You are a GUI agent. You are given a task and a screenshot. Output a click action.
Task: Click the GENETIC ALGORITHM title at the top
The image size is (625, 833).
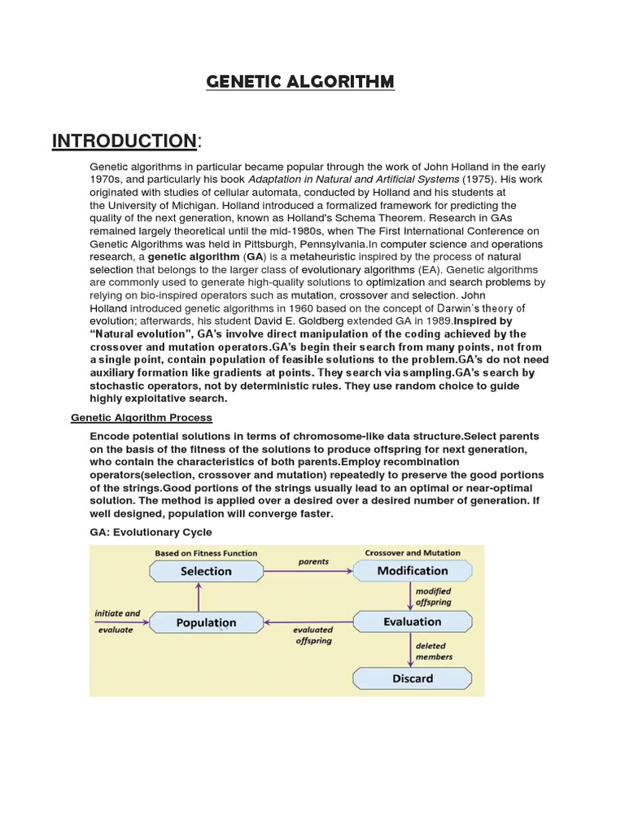(x=300, y=82)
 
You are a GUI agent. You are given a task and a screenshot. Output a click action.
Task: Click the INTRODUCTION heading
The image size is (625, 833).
(x=124, y=141)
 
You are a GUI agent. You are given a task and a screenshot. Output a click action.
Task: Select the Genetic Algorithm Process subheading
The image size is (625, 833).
(x=142, y=417)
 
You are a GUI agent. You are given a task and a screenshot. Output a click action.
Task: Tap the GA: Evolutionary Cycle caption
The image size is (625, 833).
(x=151, y=532)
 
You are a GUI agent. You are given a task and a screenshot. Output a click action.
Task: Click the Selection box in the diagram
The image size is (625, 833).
(x=206, y=571)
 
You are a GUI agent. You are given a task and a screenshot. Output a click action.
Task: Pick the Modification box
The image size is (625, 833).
(x=412, y=571)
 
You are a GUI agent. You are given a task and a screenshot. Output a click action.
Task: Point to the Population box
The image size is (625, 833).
(x=206, y=623)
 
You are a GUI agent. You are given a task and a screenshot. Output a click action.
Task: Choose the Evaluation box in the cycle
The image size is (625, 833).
(x=412, y=622)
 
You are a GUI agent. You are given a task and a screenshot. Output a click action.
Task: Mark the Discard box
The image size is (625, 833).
(x=412, y=678)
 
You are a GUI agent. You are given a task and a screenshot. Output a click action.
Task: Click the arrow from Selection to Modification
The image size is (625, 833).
(x=308, y=571)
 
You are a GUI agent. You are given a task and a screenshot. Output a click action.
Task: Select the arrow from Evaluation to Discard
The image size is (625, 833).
(x=412, y=650)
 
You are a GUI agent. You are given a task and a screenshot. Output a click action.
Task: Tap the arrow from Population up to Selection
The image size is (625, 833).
(x=196, y=596)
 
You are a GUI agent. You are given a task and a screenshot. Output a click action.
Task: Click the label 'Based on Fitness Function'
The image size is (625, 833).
(x=206, y=553)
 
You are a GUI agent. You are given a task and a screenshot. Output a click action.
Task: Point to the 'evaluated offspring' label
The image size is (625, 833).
(x=313, y=635)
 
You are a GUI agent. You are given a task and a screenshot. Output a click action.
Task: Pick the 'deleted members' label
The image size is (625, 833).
(x=434, y=651)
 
